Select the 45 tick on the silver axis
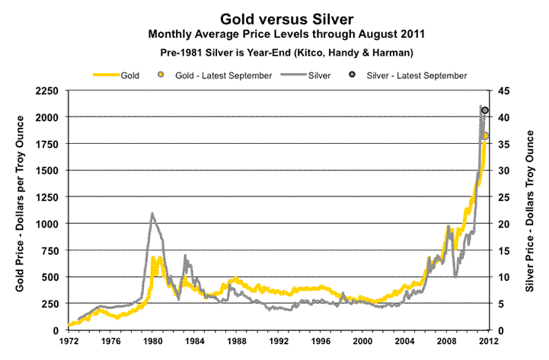click(x=505, y=91)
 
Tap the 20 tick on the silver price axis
click(x=505, y=224)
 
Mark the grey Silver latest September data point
click(x=485, y=111)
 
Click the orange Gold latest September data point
click(x=485, y=136)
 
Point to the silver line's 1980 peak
click(x=152, y=213)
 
